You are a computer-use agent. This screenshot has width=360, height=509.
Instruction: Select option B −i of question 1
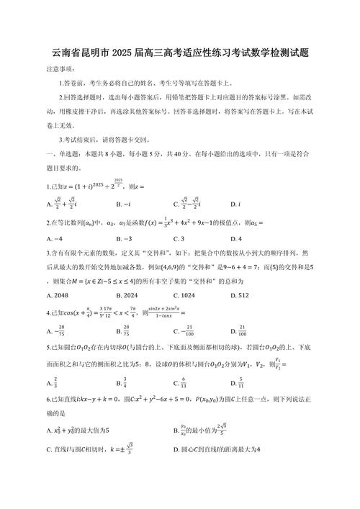(122, 204)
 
